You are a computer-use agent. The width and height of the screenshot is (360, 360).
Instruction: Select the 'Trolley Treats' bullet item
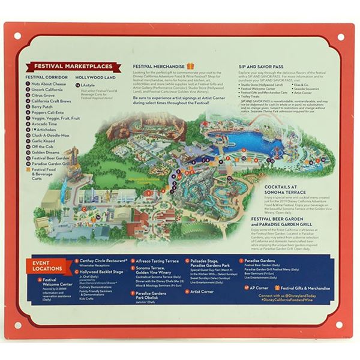[x=253, y=97]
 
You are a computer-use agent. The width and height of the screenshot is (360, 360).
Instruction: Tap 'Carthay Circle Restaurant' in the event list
[x=99, y=262]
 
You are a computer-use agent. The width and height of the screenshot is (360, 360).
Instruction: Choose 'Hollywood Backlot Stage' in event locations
[x=102, y=271]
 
